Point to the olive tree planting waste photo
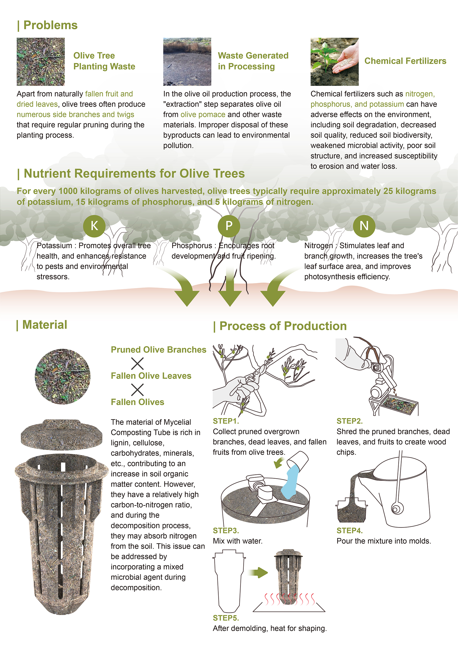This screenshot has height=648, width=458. tap(41, 62)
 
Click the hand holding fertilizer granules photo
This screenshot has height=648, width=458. tap(334, 62)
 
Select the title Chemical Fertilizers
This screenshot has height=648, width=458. tap(405, 61)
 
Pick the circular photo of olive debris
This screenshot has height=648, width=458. tap(62, 376)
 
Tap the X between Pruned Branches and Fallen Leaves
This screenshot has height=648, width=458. tap(137, 363)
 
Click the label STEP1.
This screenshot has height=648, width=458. tap(226, 421)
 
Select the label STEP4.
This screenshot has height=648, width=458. tap(349, 530)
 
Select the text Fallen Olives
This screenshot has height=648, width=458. tap(137, 402)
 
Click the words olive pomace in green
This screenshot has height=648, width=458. tap(203, 114)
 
